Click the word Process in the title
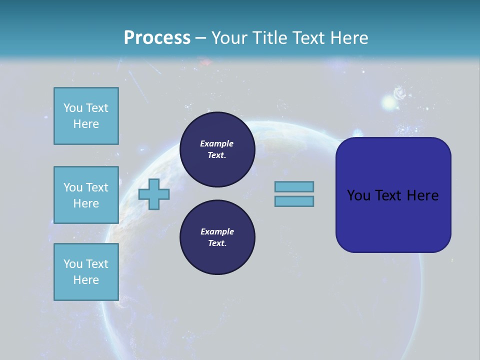click(x=157, y=37)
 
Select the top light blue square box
click(x=86, y=116)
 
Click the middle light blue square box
click(x=86, y=195)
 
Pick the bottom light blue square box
click(x=86, y=271)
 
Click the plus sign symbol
click(x=154, y=194)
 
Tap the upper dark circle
click(x=217, y=149)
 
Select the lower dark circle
click(x=217, y=237)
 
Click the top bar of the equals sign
click(x=294, y=187)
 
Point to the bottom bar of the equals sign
click(x=294, y=201)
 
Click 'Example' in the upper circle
click(x=217, y=143)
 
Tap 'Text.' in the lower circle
click(x=217, y=243)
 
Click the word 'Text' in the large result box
click(x=389, y=195)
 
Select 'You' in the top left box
click(x=73, y=108)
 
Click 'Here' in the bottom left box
click(x=86, y=280)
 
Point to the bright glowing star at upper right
click(x=389, y=102)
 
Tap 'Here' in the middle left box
click(x=86, y=203)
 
